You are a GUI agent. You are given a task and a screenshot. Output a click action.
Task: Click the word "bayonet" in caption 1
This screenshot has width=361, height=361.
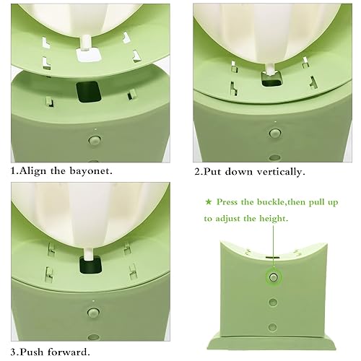coord(92,173)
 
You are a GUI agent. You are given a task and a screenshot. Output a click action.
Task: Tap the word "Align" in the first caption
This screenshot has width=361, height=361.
coord(34,173)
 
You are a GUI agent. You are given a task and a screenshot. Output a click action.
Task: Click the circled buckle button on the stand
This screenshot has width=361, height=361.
coord(273,277)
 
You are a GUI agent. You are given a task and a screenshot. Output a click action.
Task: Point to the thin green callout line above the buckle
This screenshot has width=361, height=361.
coord(273,245)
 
